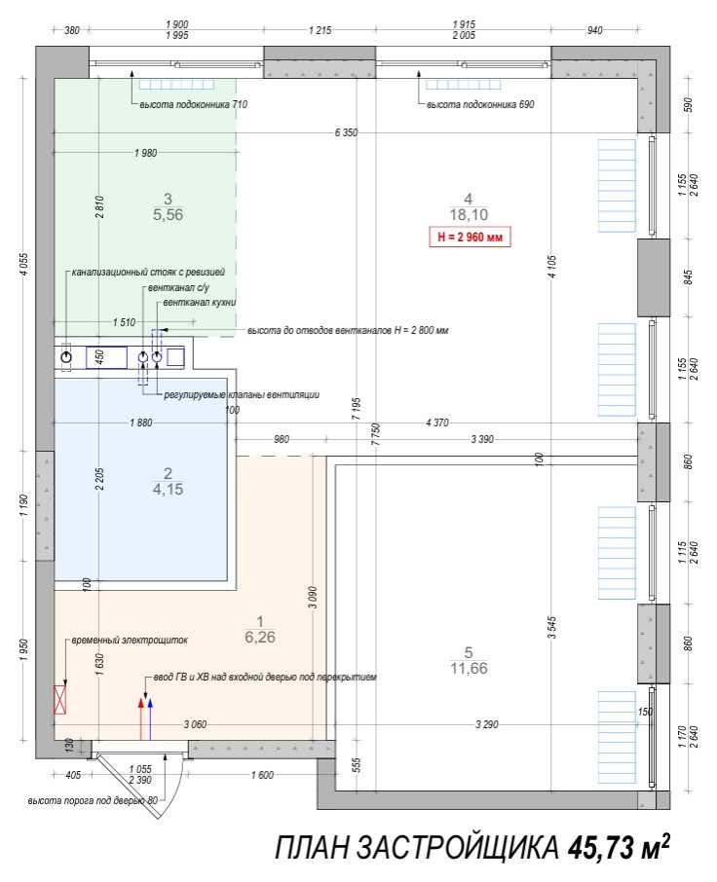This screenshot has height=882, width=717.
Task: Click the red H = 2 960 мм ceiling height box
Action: pos(472,237)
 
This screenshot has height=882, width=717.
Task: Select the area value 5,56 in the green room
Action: pos(168,214)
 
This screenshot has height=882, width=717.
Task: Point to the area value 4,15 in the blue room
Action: pos(168,490)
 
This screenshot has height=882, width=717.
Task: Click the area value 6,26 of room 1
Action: pos(260,638)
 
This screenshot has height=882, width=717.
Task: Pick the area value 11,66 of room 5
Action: pos(469,668)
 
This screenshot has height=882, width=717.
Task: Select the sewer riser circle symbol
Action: pos(66,357)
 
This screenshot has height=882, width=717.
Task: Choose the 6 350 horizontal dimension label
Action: pos(346,131)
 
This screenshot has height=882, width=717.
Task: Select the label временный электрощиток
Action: pos(128,642)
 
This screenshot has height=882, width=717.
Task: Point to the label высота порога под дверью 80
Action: pos(92,800)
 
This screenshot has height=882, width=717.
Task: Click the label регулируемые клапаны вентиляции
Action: pos(242,395)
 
